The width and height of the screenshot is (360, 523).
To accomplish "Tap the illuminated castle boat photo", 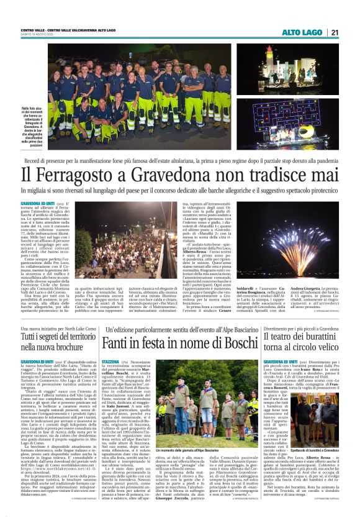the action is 287,68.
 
